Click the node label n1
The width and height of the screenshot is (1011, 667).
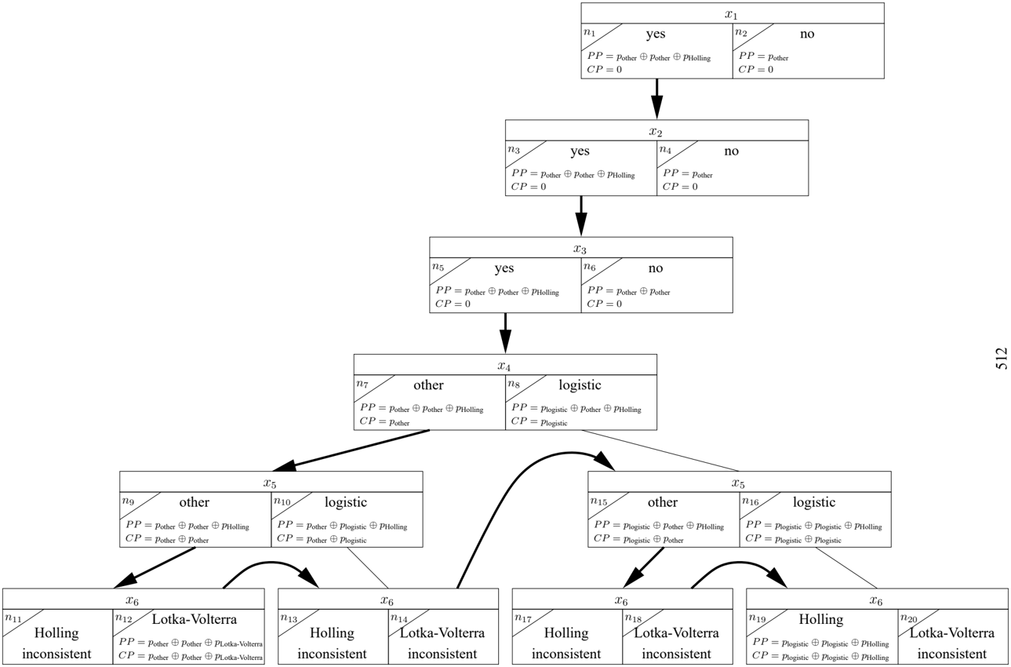click(590, 32)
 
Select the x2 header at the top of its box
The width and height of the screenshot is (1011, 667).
click(656, 131)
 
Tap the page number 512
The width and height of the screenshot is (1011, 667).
click(1001, 359)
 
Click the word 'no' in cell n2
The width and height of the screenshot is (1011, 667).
click(807, 34)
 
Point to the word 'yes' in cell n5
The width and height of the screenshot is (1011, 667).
click(504, 268)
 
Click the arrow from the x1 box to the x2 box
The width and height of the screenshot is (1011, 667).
click(656, 99)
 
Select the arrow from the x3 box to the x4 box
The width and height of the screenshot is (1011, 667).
click(505, 333)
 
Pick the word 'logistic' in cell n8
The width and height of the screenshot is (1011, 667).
click(580, 385)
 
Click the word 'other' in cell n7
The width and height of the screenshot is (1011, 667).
click(428, 385)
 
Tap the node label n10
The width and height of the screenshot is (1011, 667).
click(282, 501)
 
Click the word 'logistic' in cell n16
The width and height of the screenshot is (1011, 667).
click(814, 502)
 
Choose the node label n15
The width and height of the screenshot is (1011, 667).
click(599, 501)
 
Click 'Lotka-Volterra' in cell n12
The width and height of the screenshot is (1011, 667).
click(195, 618)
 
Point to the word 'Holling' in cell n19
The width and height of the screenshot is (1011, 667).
click(821, 619)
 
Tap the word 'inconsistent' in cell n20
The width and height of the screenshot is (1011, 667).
click(952, 654)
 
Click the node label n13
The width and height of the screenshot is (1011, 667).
click(289, 618)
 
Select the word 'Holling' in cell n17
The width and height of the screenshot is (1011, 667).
click(566, 633)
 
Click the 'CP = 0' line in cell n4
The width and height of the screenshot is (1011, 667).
click(680, 187)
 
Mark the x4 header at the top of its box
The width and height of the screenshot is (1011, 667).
click(504, 366)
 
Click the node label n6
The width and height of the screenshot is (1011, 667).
click(590, 267)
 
